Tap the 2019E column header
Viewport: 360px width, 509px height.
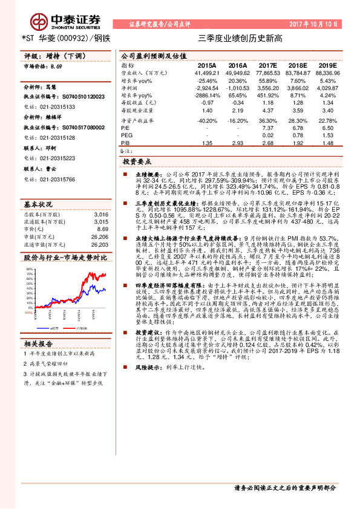click(327, 65)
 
